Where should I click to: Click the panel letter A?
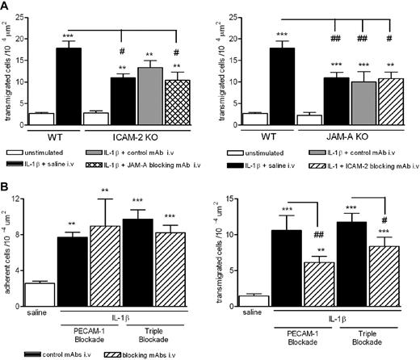point(6,6)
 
